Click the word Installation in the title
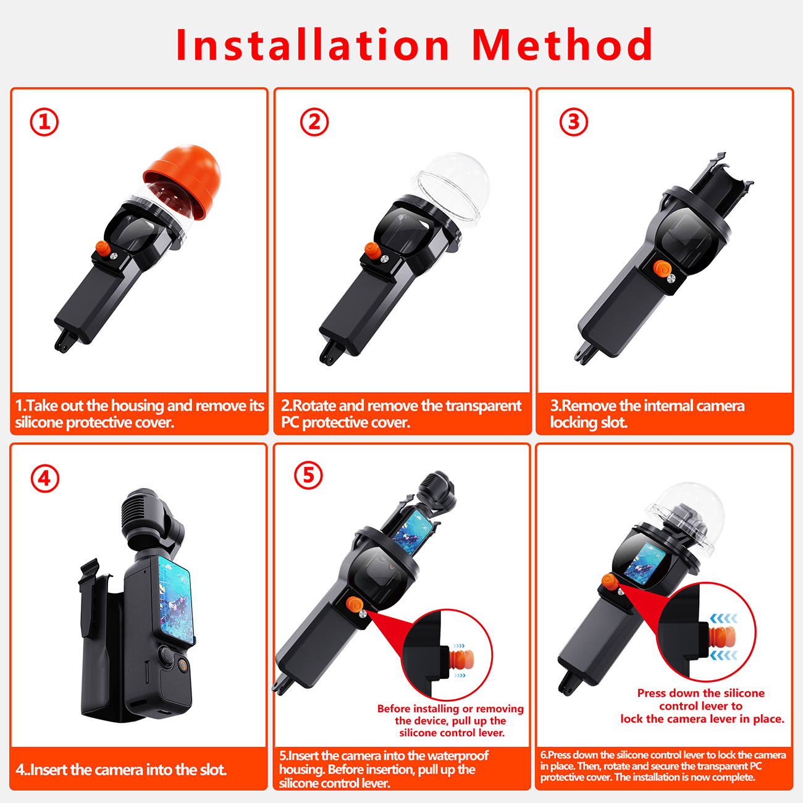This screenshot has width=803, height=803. point(313,45)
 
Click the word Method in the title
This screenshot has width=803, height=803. point(562,45)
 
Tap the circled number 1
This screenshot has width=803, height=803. point(44,122)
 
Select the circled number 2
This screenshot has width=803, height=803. point(314,122)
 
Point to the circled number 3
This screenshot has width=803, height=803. point(573,122)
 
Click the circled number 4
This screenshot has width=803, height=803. point(45,478)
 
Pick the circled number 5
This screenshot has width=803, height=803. point(308,475)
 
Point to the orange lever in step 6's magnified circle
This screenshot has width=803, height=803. point(722,637)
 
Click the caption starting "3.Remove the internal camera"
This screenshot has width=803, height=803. point(647,414)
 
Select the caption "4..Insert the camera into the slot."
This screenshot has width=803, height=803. point(121,769)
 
